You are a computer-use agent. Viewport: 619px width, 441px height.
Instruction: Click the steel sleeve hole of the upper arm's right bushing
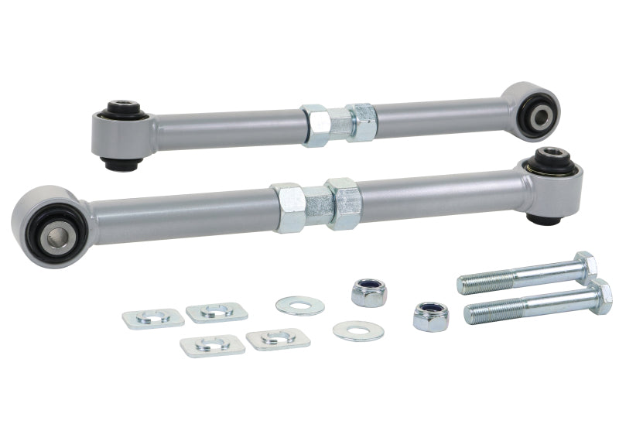click(539, 116)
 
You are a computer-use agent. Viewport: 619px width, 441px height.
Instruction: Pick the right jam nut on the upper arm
click(361, 121)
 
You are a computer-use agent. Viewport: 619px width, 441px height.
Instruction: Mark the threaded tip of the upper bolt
click(465, 284)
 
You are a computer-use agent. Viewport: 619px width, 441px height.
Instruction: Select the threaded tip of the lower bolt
click(471, 314)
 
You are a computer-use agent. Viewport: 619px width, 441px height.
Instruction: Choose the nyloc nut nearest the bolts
click(431, 316)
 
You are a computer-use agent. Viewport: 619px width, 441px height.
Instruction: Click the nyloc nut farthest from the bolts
click(370, 292)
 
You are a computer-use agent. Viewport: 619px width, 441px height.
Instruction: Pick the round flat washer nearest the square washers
click(300, 305)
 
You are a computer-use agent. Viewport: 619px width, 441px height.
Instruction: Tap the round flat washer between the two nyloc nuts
click(358, 331)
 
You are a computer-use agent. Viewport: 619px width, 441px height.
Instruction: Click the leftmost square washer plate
click(152, 317)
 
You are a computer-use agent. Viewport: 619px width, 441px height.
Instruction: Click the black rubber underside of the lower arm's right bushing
click(544, 218)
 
